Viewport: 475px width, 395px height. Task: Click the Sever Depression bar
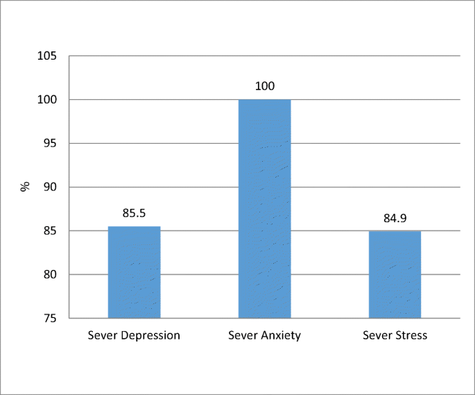click(134, 272)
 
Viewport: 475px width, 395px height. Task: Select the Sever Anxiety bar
click(264, 208)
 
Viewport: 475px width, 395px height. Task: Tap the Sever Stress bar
click(395, 274)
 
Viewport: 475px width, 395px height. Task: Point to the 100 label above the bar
click(264, 87)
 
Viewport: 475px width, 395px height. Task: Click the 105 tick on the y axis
click(48, 56)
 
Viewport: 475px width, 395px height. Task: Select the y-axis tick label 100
click(48, 100)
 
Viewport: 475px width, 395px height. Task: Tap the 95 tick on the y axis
click(51, 144)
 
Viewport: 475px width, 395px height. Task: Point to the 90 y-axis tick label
click(51, 187)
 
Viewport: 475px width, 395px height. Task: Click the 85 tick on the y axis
click(51, 231)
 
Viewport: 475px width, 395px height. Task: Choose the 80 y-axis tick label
click(51, 275)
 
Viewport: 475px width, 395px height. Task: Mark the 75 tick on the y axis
click(51, 319)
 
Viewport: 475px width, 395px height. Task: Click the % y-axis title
click(25, 186)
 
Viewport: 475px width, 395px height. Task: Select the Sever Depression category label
click(134, 335)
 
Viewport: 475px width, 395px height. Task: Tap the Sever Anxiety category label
click(264, 335)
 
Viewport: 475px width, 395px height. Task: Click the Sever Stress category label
click(395, 335)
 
